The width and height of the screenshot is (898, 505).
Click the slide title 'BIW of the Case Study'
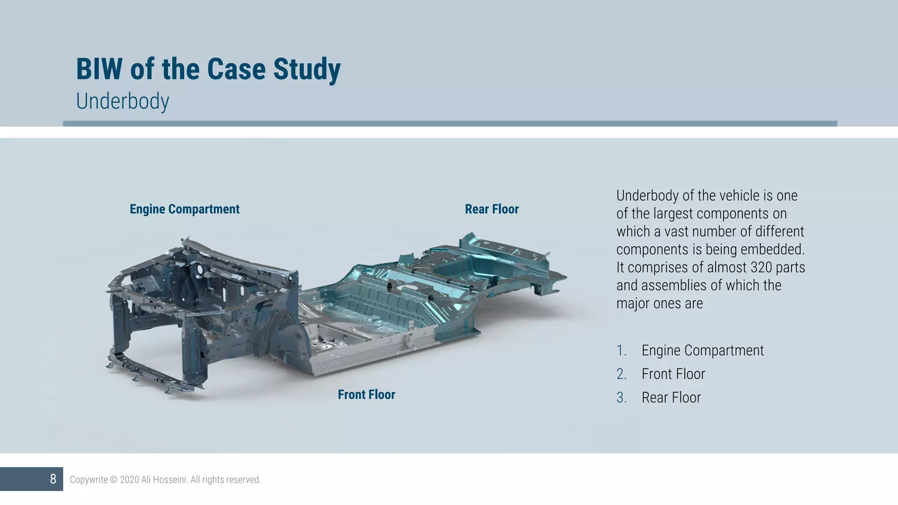click(208, 69)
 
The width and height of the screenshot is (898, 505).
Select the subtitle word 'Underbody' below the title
click(122, 101)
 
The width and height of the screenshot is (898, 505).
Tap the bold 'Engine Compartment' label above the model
click(185, 209)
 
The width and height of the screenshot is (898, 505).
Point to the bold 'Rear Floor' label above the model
click(492, 209)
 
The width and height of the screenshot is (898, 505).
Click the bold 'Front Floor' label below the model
click(367, 395)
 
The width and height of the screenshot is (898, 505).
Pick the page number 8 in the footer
click(53, 479)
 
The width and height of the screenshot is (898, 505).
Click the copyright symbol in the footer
click(114, 480)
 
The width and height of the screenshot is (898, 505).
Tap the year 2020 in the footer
click(129, 480)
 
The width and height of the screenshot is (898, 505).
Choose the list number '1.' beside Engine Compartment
click(622, 351)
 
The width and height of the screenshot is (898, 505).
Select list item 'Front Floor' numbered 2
click(673, 374)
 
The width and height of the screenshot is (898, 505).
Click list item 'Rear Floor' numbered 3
click(671, 398)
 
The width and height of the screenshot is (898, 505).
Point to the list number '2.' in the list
click(622, 374)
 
